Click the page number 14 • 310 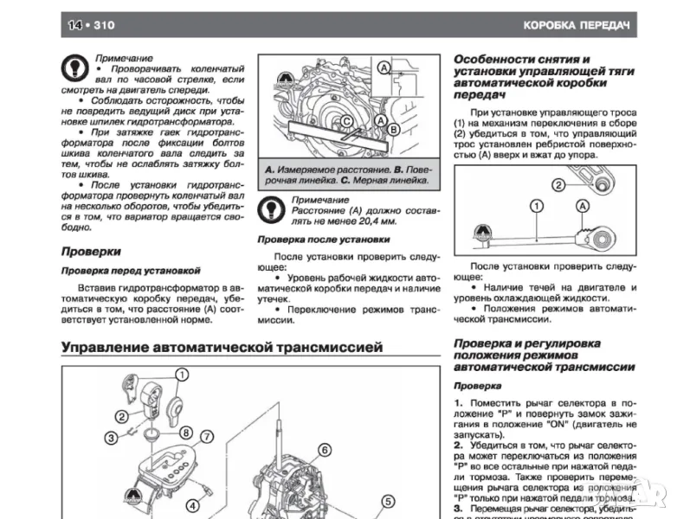tap(89, 24)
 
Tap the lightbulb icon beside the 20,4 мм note tap(273, 208)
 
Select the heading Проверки tap(91, 252)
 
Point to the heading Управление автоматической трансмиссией tap(222, 348)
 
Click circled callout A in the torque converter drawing tap(384, 67)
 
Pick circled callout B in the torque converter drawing tap(392, 130)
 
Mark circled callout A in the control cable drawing tap(583, 206)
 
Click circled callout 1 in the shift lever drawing tap(182, 375)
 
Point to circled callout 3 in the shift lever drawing tap(112, 438)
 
